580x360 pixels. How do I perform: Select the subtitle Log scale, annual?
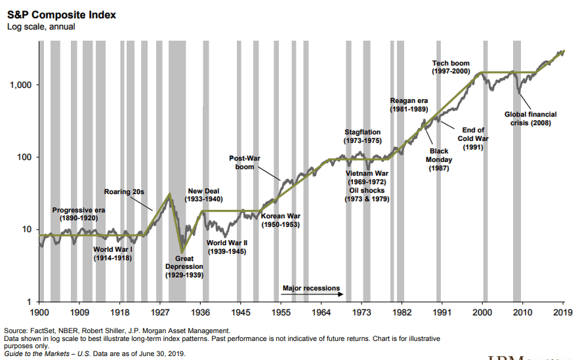(41, 26)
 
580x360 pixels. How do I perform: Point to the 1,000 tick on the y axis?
(23, 85)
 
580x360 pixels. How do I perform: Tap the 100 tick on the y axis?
(27, 157)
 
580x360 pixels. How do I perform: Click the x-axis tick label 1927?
(160, 313)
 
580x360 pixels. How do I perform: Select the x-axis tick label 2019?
(564, 313)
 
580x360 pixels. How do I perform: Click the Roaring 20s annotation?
(124, 191)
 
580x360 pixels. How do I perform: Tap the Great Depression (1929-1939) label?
(184, 267)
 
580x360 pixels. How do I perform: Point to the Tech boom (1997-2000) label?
(451, 67)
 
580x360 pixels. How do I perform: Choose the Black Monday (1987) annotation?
(438, 159)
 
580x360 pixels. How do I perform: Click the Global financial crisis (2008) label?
(530, 119)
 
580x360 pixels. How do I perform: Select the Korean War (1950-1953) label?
(281, 220)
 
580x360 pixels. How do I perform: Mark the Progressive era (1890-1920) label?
(78, 214)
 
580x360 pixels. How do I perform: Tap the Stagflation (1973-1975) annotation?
(362, 136)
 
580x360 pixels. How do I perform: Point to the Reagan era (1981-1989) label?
(409, 105)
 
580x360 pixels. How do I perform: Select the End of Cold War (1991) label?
(473, 138)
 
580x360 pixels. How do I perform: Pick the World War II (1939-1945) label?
(227, 247)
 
